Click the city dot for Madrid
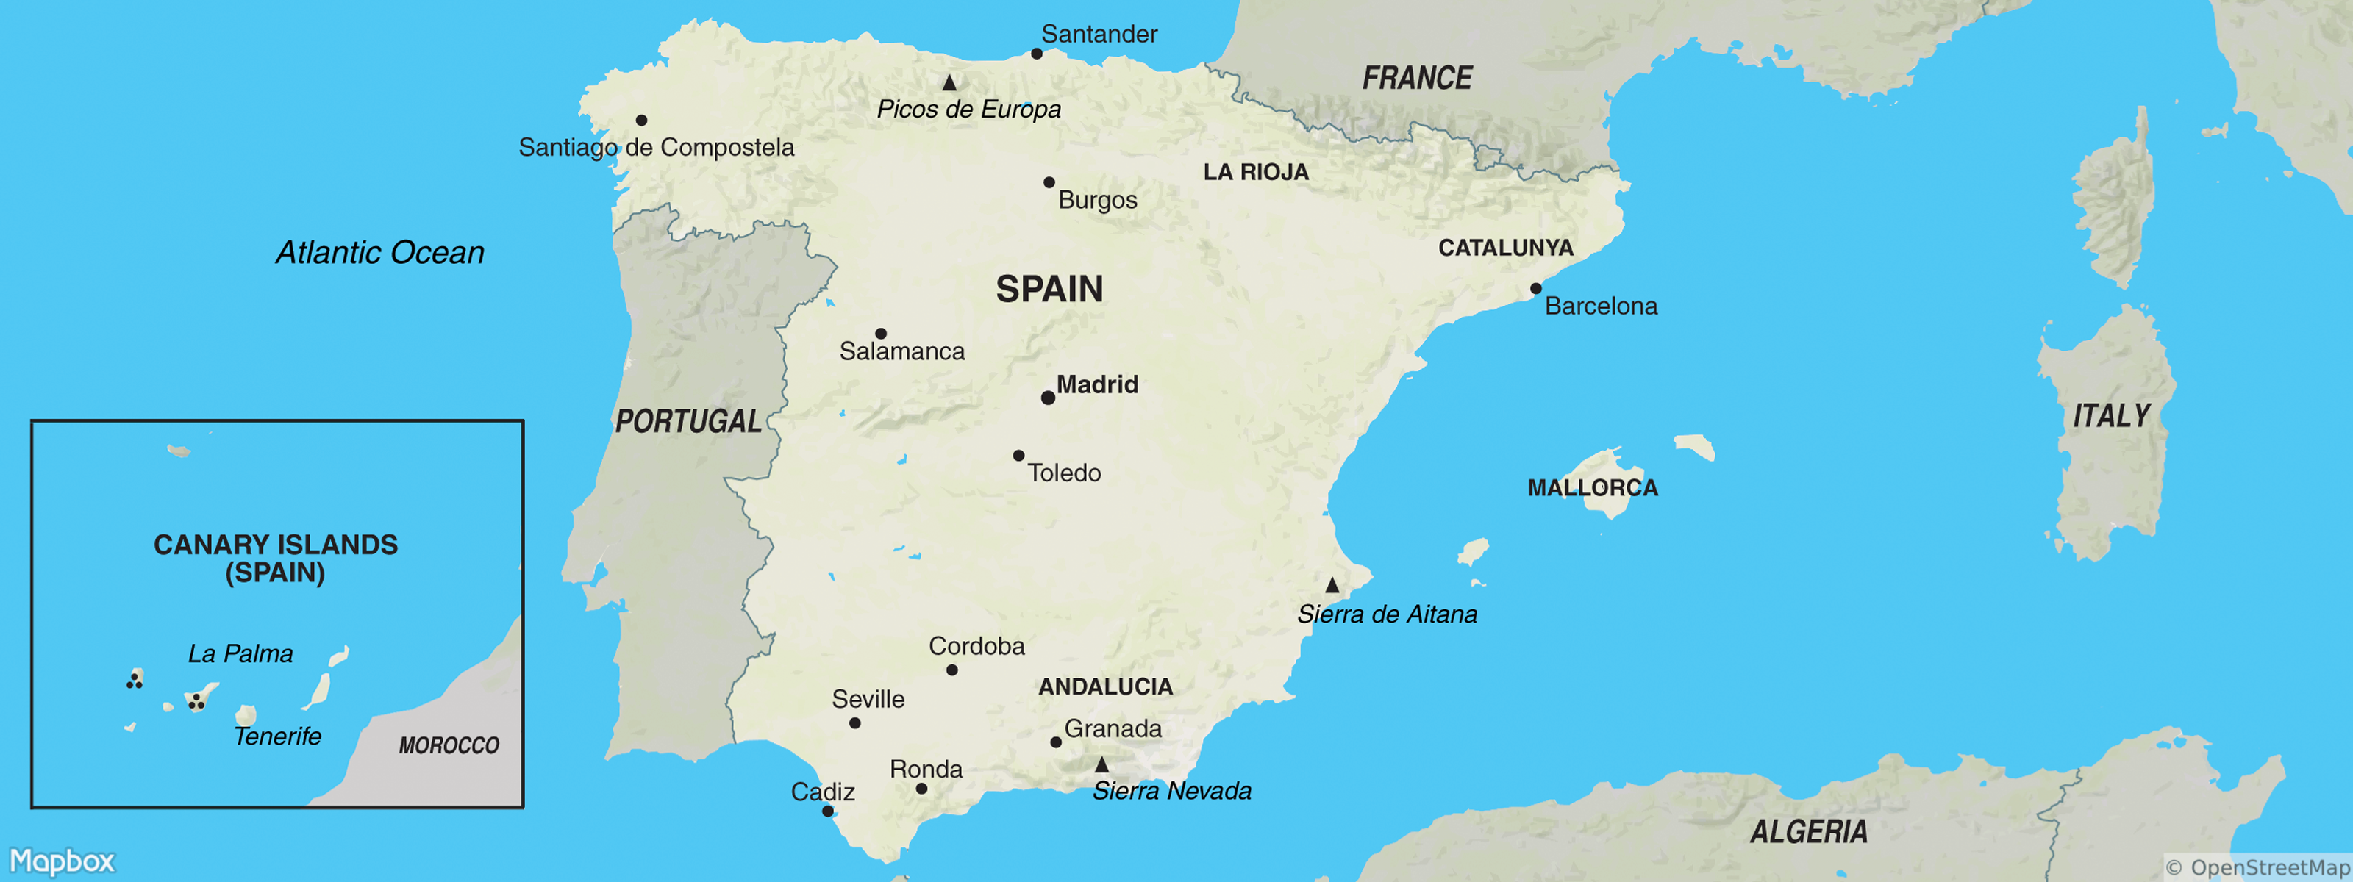coord(1048,398)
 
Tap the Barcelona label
coord(1600,306)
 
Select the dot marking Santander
coord(1037,54)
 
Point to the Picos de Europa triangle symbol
coord(949,83)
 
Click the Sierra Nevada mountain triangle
coord(1101,764)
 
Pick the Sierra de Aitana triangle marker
coord(1332,585)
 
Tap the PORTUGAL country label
coord(688,421)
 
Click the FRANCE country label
coord(1417,79)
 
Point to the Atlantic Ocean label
coord(380,253)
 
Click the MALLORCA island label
coord(1592,487)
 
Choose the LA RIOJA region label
coord(1256,172)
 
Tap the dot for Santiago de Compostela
coord(641,121)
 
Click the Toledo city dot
coord(1018,456)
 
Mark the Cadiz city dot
coord(826,811)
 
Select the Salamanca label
coord(901,351)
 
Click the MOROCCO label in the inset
coord(449,746)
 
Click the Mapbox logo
coord(62,861)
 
